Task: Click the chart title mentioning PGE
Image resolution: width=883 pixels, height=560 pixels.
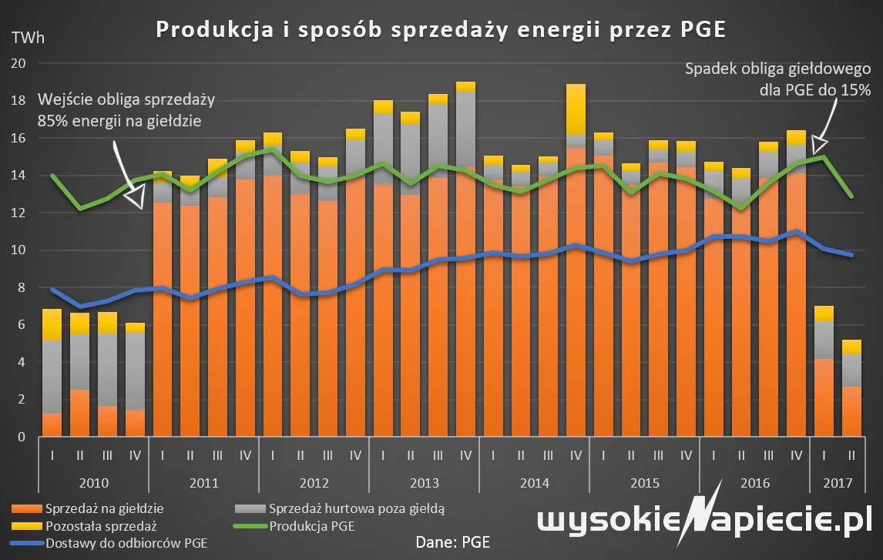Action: (441, 29)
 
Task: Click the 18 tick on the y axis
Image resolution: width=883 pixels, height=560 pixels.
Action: (20, 101)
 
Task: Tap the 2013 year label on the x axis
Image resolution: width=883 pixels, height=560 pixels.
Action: (424, 484)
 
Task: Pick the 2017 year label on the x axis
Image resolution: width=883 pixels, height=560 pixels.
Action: (837, 484)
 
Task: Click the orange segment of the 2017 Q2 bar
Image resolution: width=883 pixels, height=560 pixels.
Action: (851, 411)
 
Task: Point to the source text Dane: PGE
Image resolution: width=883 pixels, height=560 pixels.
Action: (453, 542)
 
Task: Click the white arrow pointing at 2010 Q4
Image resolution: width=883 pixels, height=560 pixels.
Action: (126, 176)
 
